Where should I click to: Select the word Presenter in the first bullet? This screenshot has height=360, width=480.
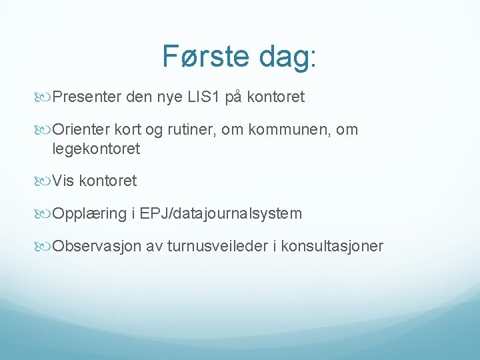(x=86, y=97)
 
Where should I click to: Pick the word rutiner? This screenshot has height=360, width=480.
(x=193, y=131)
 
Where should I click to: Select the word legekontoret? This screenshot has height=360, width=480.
(x=96, y=149)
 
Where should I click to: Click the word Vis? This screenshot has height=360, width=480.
(x=63, y=181)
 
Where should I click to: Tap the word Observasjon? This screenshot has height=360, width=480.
(x=97, y=247)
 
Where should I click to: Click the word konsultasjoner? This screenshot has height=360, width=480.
(x=332, y=247)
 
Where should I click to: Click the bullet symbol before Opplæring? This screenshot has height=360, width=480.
(x=45, y=214)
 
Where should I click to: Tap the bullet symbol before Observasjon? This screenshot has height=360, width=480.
(x=45, y=247)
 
